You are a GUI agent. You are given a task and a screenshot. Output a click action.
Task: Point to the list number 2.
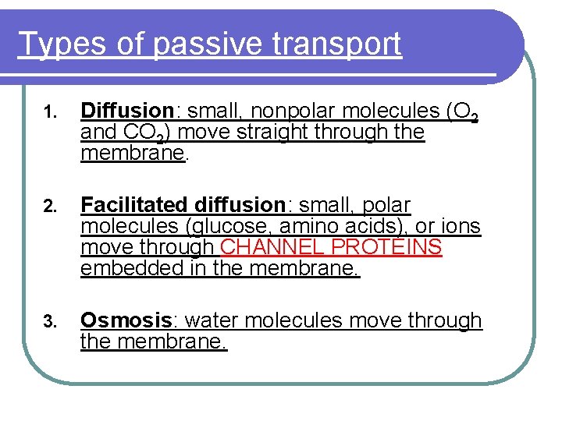point(48,207)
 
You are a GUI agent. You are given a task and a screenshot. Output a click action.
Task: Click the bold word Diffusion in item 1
point(126,111)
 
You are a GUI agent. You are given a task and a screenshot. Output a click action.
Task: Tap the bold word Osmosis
point(126,320)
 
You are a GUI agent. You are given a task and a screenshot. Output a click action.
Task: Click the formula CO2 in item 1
point(147,133)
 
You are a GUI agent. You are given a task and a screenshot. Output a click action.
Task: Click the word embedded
point(122,270)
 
